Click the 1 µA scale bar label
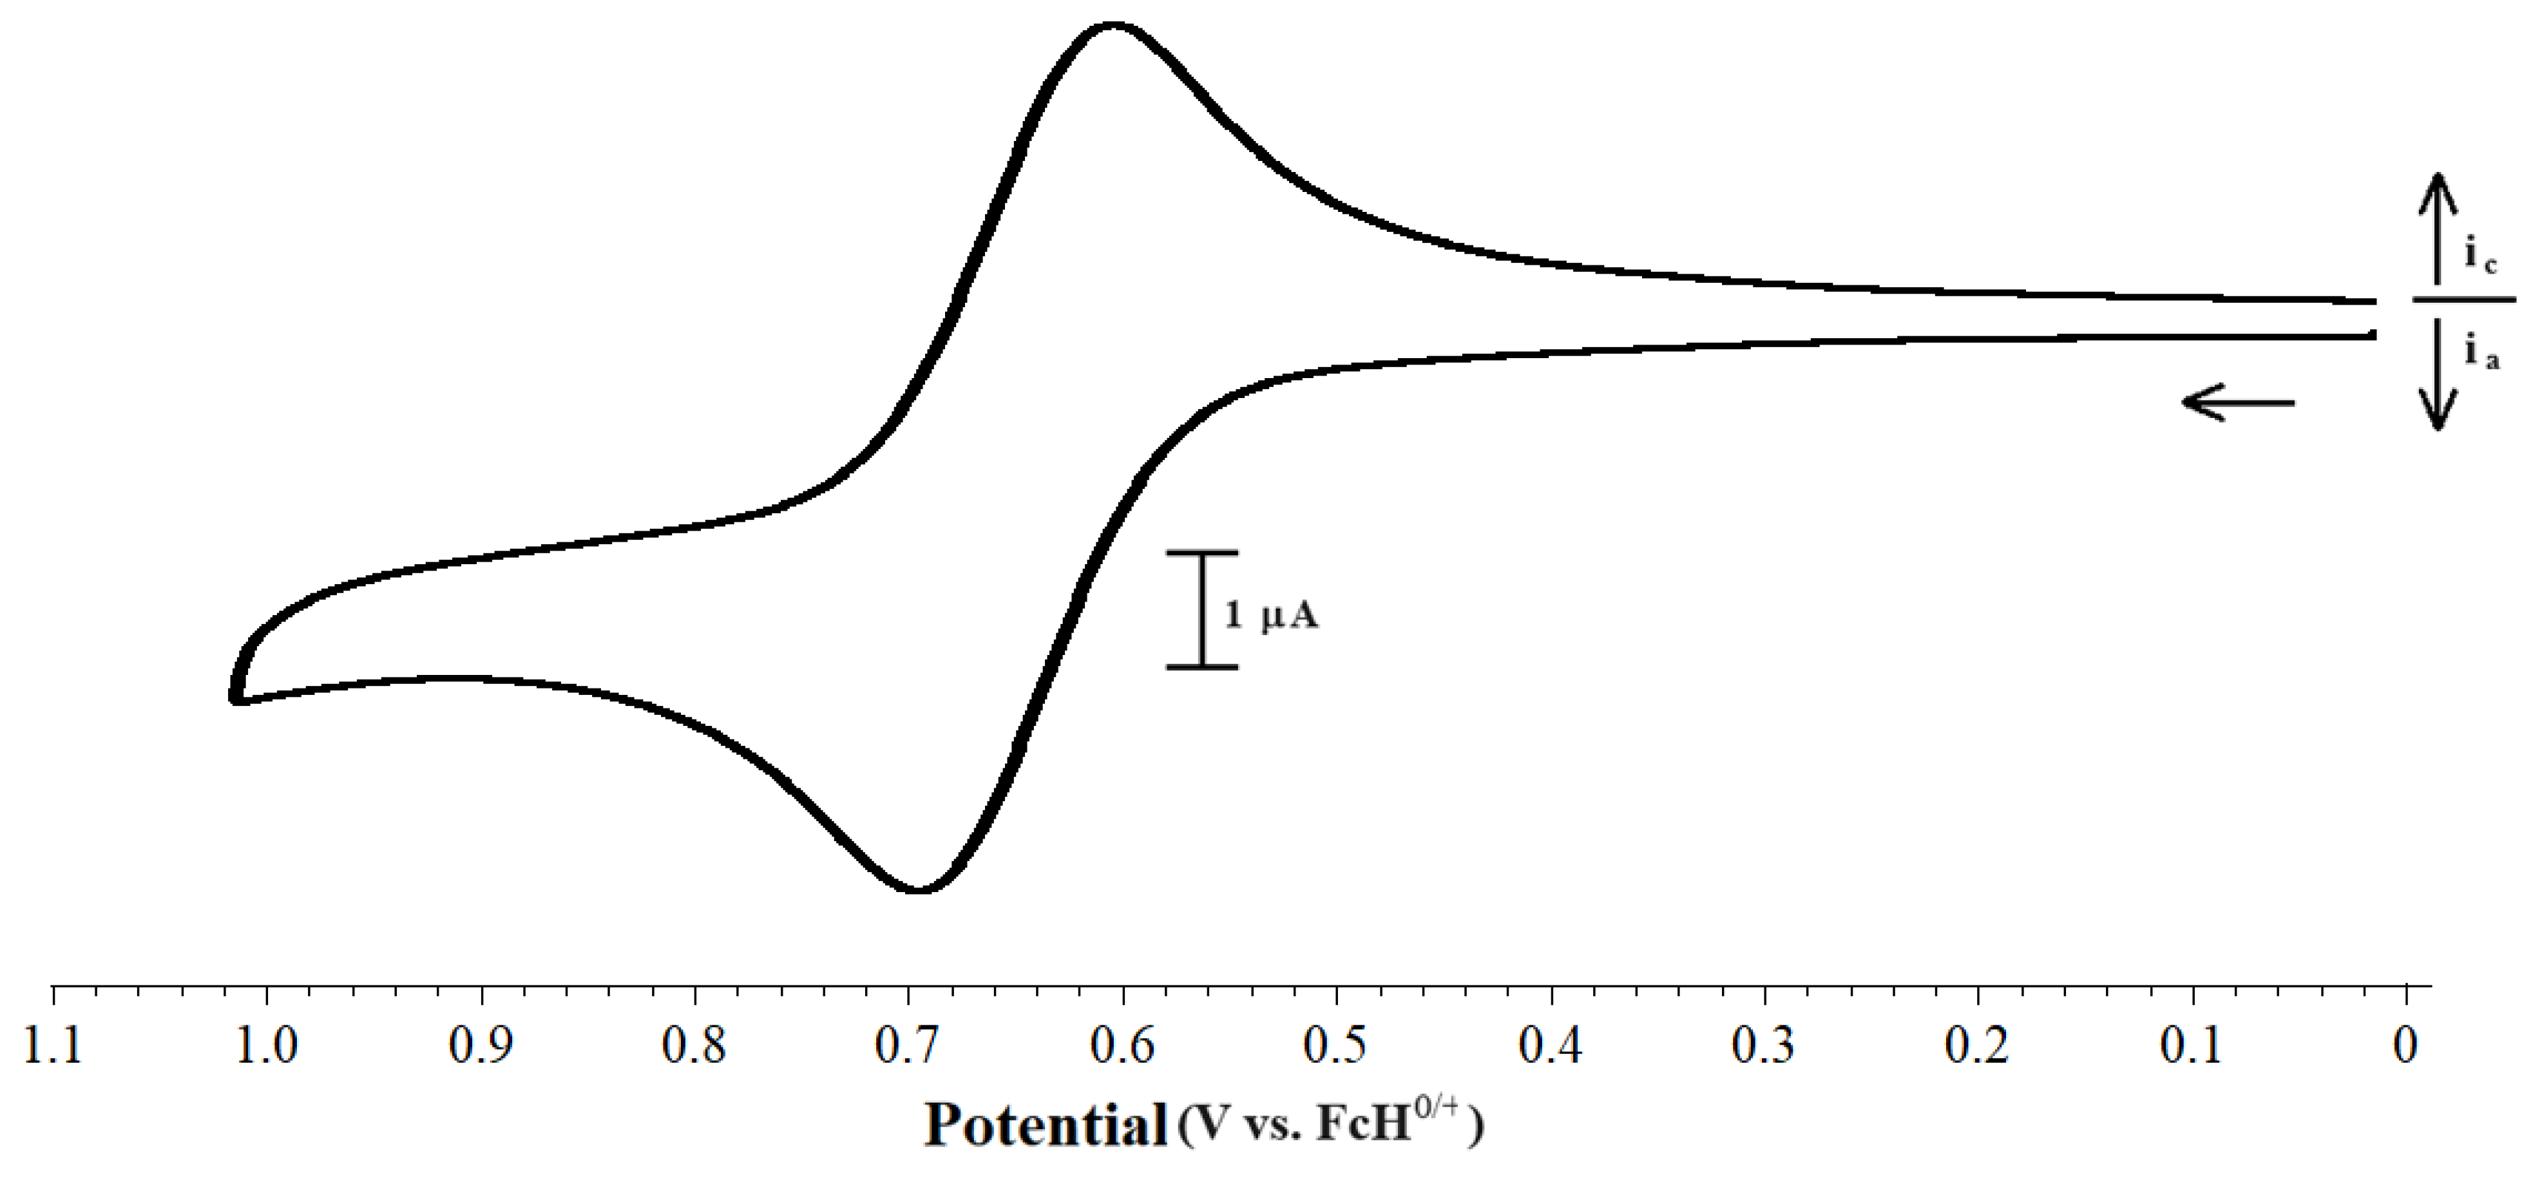point(1270,616)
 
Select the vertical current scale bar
point(1201,610)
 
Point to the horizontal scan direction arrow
point(2238,402)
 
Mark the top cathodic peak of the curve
point(1112,26)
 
